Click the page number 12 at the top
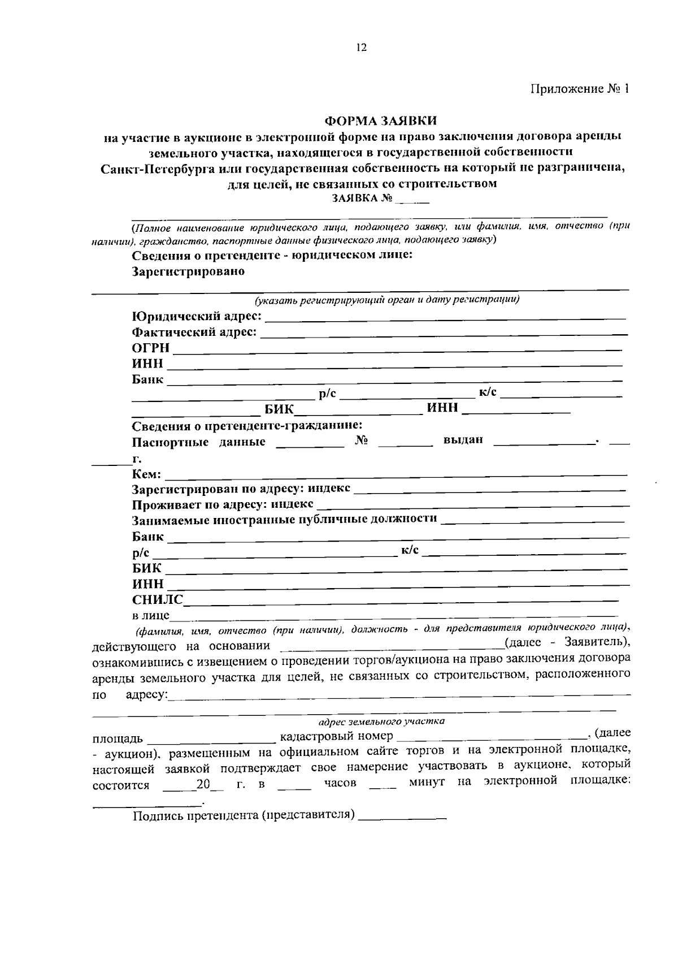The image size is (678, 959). pos(362,47)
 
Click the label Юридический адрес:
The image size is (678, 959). pos(197,316)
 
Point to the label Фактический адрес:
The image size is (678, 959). pos(194,332)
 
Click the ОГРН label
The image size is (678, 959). pos(151,348)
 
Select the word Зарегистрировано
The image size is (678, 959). pos(188,271)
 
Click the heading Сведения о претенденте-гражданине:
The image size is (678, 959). pos(247,425)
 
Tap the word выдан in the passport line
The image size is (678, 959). pos(463,440)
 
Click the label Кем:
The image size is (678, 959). pos(146,474)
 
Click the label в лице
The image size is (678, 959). pos(150,615)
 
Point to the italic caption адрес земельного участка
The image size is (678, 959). pos(381,722)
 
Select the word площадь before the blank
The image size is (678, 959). pos(118,738)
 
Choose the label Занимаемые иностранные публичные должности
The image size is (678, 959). pos(284,519)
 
